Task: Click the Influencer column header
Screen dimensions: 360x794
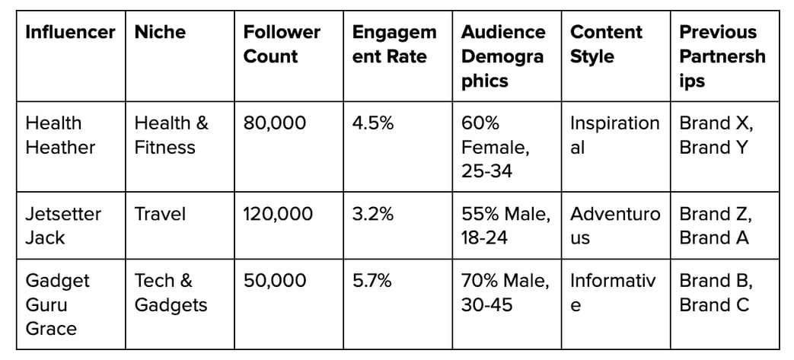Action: click(x=70, y=32)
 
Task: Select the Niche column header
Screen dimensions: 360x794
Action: click(x=160, y=32)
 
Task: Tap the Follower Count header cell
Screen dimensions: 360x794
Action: click(x=282, y=44)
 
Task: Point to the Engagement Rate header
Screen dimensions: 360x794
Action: click(x=394, y=44)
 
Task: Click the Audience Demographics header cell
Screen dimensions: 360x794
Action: click(x=503, y=56)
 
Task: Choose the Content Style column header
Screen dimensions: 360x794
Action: click(x=606, y=44)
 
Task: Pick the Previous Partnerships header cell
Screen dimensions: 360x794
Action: click(x=722, y=56)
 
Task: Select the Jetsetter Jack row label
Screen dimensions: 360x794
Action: click(x=62, y=225)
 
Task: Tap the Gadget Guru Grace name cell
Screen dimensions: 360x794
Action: click(x=58, y=304)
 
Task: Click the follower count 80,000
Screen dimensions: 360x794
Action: click(x=275, y=123)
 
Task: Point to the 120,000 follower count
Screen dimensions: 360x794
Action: click(x=278, y=214)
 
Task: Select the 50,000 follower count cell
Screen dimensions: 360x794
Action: click(x=275, y=281)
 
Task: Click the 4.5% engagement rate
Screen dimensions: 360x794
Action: click(x=373, y=123)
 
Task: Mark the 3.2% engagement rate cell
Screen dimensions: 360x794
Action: click(x=373, y=214)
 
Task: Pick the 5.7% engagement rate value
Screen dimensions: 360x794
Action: click(x=372, y=281)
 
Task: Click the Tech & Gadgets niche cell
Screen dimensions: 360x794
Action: click(x=171, y=293)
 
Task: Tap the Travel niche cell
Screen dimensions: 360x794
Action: click(x=160, y=214)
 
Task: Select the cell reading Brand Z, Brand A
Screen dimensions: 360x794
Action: click(x=716, y=225)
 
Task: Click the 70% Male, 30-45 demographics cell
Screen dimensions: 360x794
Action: click(x=505, y=293)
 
